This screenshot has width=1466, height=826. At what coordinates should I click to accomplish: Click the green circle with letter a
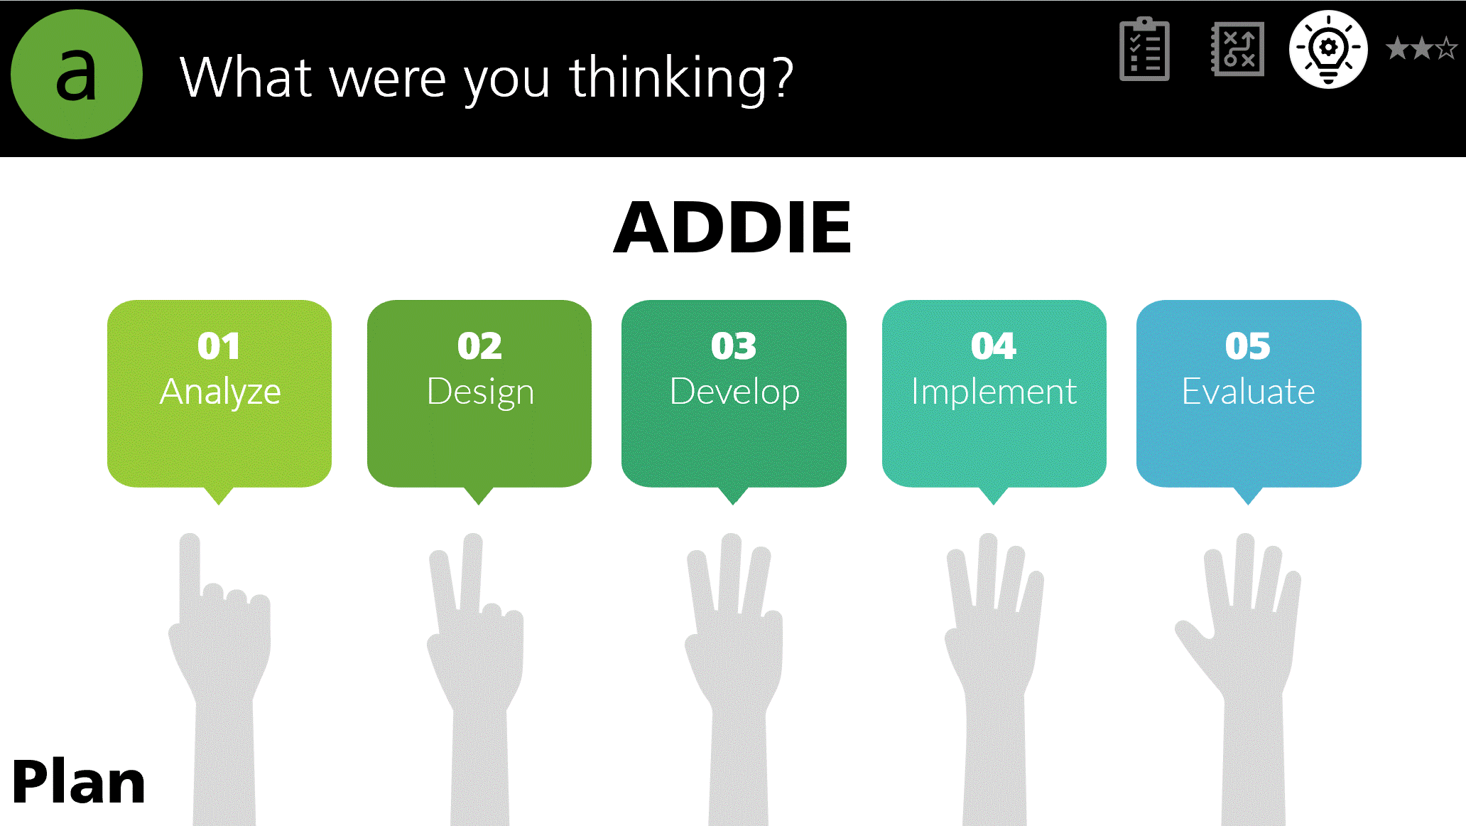point(77,75)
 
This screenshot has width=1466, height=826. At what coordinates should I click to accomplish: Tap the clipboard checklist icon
point(1144,49)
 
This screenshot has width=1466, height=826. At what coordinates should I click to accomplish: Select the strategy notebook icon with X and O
point(1237,49)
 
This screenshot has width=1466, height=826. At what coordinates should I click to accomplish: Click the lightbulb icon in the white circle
point(1328,49)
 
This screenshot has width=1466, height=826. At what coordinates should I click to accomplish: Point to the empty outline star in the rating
point(1446,48)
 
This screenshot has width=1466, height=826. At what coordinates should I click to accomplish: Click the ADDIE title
point(732,227)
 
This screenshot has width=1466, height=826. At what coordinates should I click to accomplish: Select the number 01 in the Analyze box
point(219,346)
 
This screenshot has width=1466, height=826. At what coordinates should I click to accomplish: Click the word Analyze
point(220,392)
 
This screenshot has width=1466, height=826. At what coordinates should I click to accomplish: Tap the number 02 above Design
point(479,346)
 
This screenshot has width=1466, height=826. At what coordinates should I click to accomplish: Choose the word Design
point(480,392)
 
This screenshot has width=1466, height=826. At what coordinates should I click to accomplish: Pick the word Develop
point(734,392)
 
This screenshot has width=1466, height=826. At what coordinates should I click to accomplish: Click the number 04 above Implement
point(994,346)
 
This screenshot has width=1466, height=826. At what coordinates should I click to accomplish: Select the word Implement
point(994,392)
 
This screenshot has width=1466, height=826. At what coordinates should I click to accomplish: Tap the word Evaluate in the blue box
point(1249,392)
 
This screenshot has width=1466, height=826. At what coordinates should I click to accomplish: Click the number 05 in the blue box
point(1248,346)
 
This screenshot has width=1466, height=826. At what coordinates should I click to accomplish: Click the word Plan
point(79,782)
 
